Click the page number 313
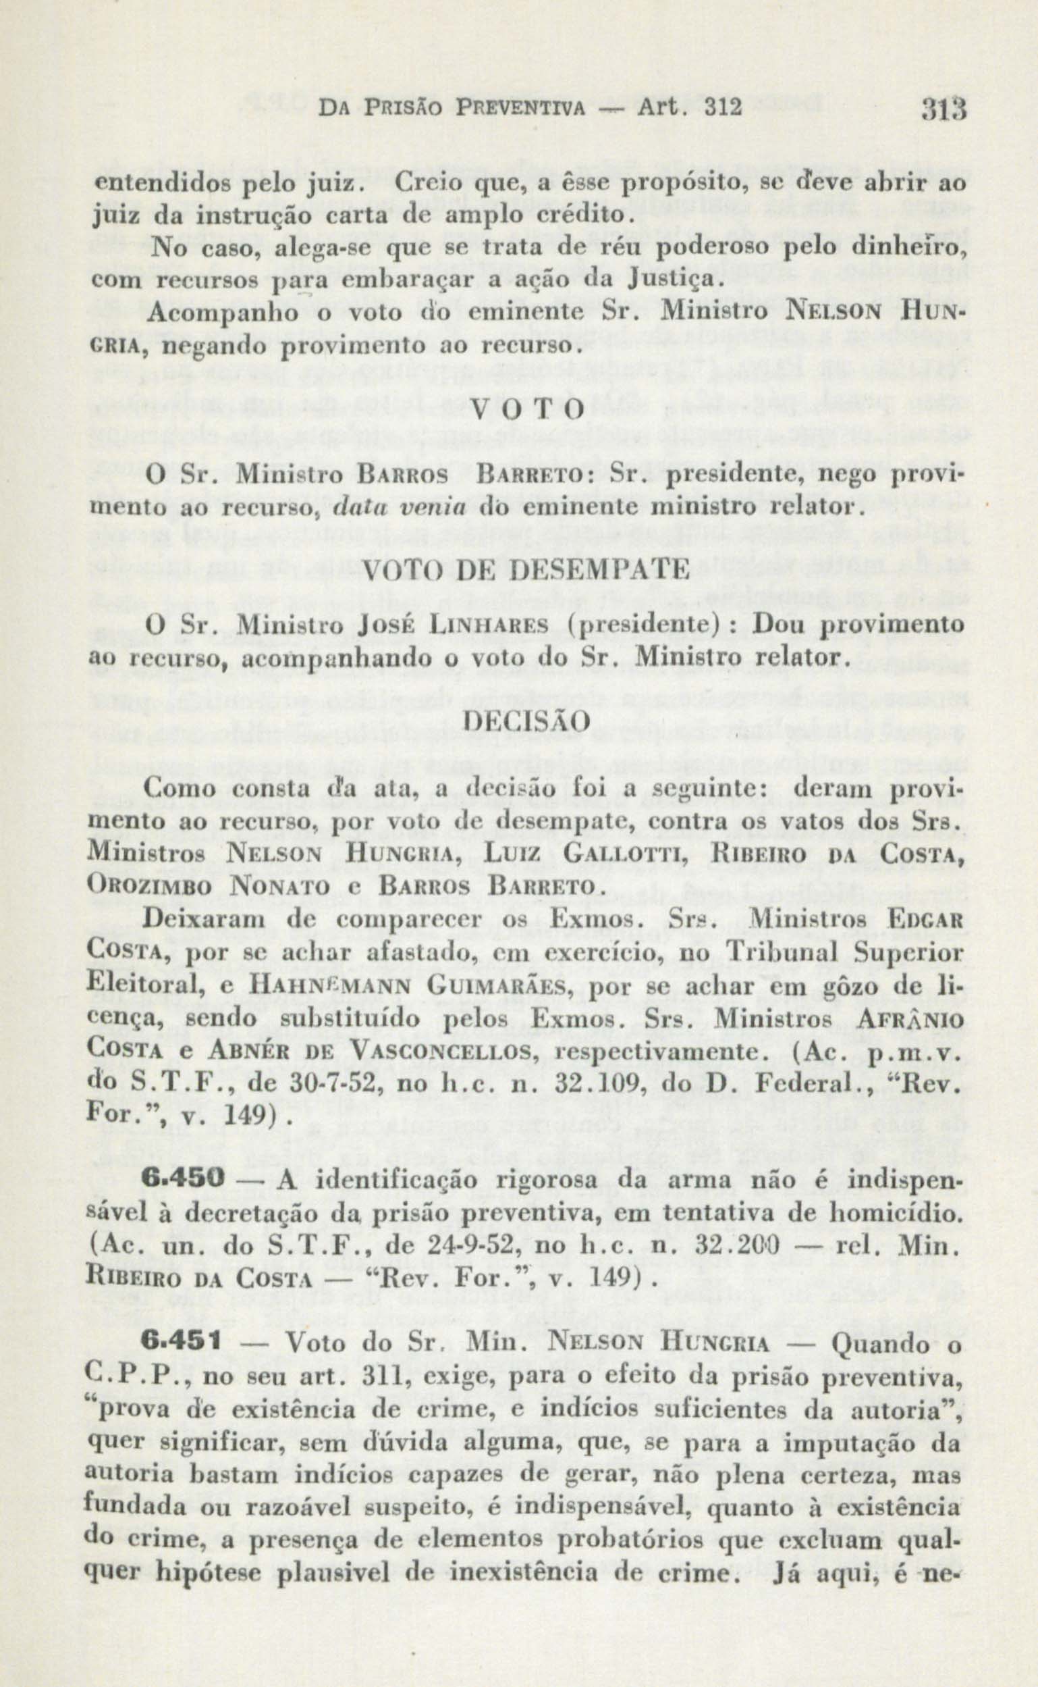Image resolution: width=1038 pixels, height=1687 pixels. click(x=944, y=109)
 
